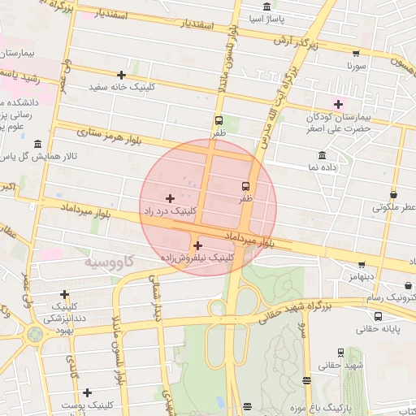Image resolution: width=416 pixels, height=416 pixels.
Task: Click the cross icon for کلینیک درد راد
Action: (170, 198)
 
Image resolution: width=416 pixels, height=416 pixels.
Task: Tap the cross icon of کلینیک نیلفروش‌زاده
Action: (197, 245)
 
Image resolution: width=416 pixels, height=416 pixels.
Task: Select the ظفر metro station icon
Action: (245, 186)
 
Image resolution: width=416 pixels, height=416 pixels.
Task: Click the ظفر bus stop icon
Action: (219, 121)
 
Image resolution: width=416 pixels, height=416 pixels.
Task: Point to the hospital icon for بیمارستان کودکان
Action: (338, 104)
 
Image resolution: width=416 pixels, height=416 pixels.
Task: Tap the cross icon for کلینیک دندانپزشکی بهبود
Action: (64, 294)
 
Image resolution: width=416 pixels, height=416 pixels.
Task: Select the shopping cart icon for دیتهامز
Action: (362, 265)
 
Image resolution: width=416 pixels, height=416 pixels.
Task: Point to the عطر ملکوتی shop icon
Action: (394, 195)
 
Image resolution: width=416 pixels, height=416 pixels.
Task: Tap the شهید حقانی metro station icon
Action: (340, 353)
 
